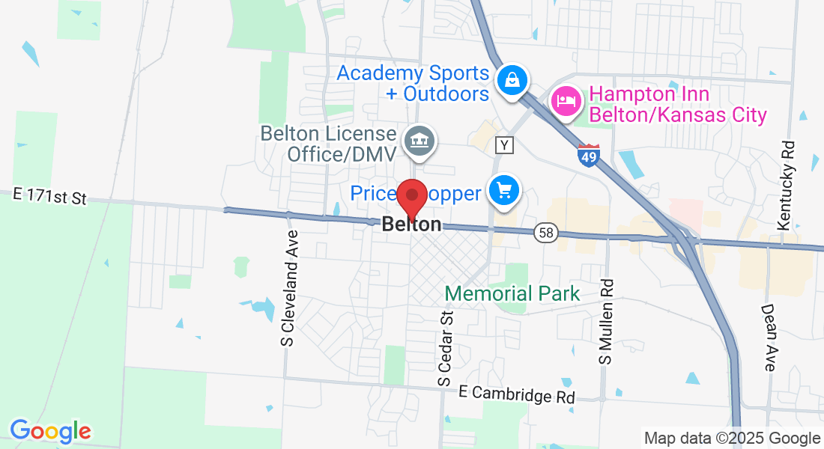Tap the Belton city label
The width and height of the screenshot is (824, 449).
click(411, 224)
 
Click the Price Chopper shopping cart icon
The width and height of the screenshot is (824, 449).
click(504, 190)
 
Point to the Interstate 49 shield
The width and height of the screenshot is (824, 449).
click(589, 156)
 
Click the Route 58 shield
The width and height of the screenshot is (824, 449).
click(547, 233)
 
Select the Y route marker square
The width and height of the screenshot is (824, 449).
click(505, 145)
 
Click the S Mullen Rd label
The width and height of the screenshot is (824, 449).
click(606, 322)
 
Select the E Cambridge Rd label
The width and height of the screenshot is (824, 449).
click(517, 394)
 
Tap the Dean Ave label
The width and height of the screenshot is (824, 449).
click(769, 337)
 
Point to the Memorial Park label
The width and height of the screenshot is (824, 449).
click(513, 293)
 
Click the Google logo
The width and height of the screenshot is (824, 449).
click(49, 431)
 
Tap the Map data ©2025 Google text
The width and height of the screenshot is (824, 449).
click(733, 439)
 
